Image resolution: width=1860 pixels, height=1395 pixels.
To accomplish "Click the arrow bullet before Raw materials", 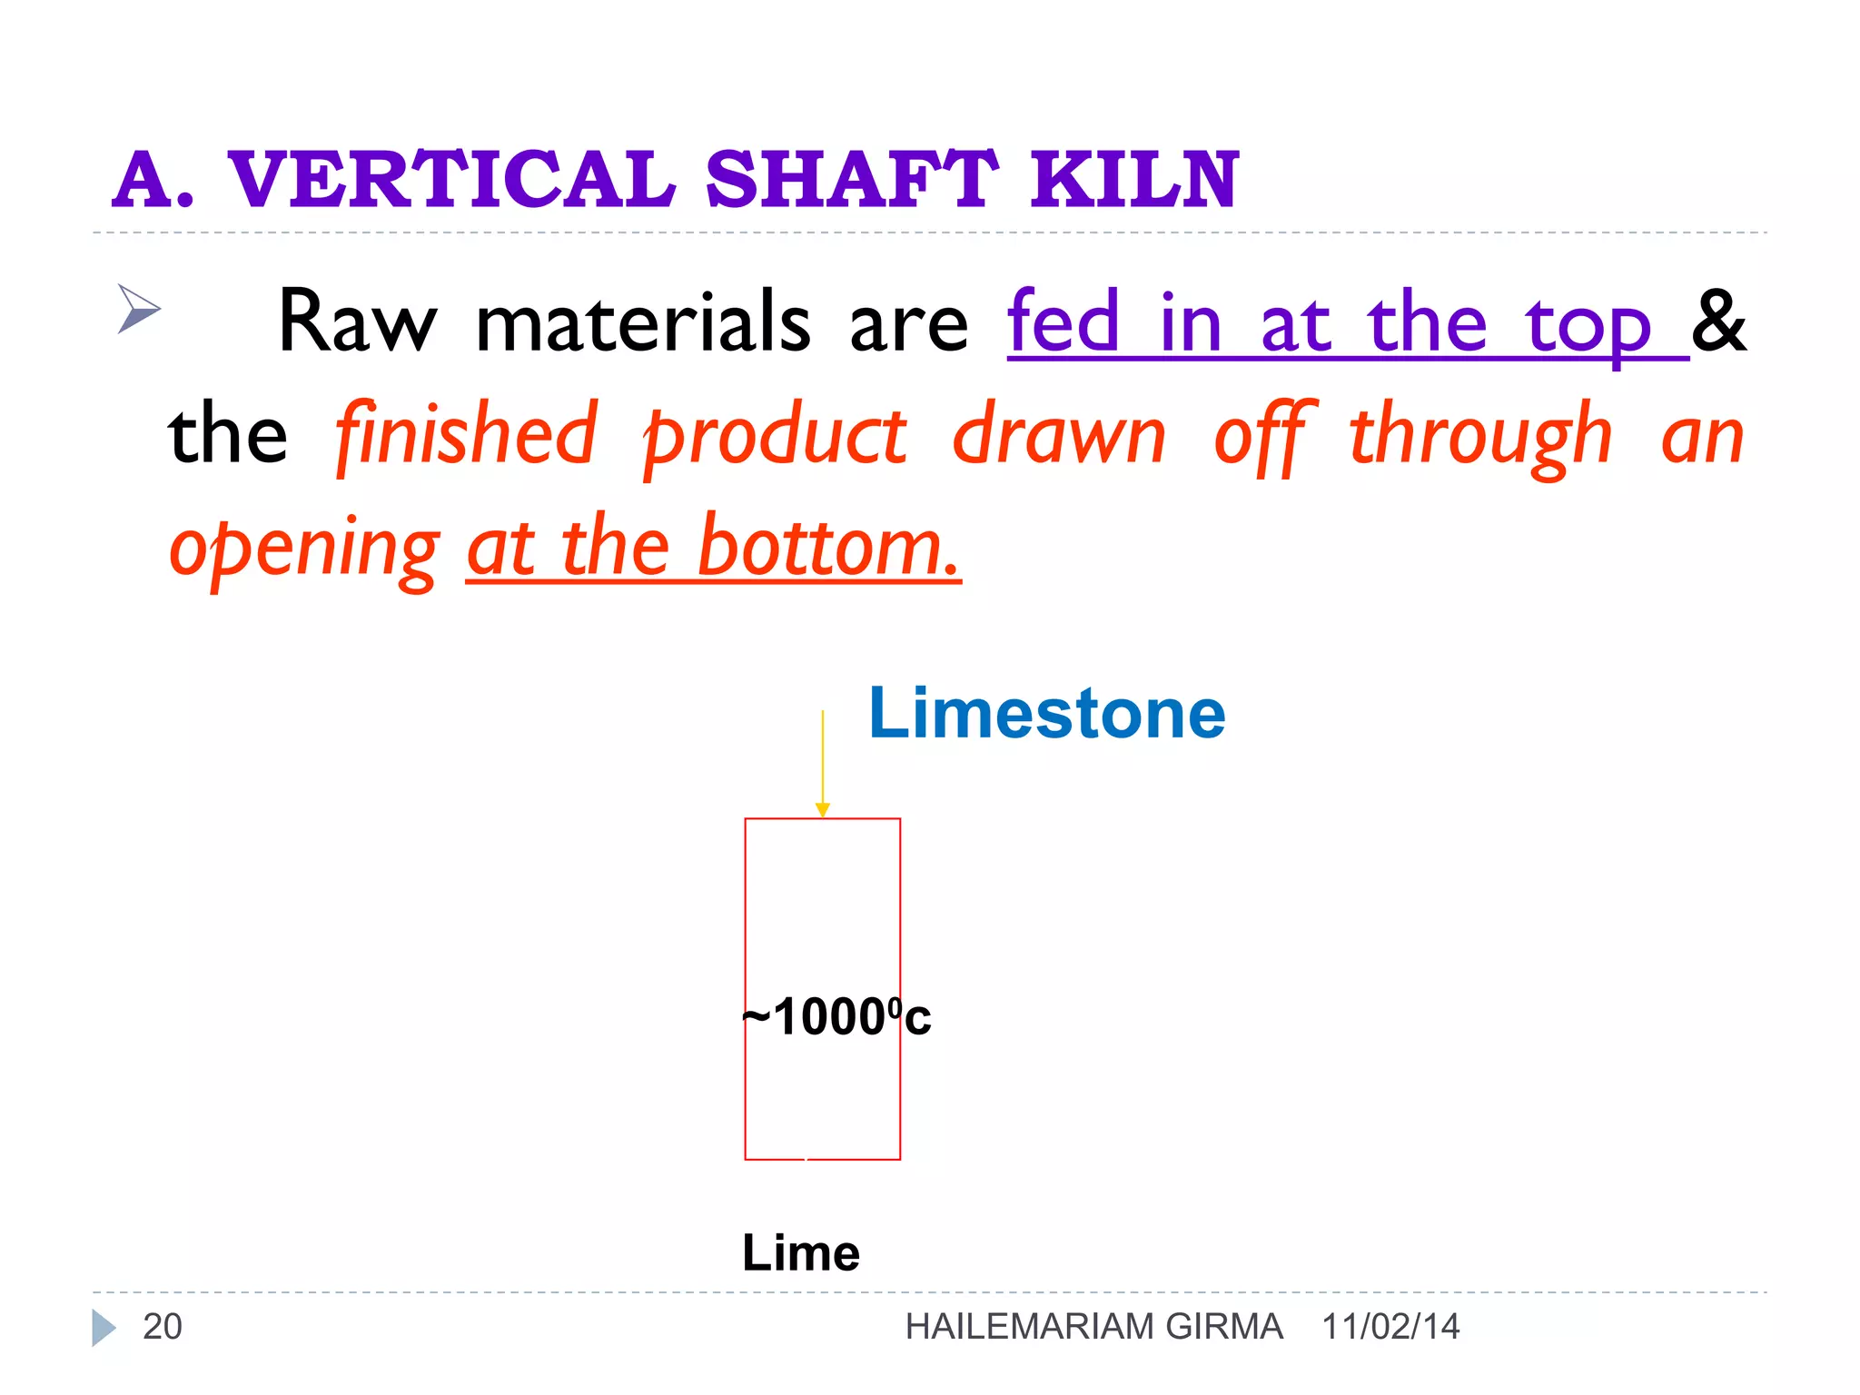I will tap(138, 309).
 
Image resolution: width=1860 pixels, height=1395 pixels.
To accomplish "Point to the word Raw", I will tap(356, 322).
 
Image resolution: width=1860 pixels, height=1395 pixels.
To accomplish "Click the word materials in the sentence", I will tap(643, 322).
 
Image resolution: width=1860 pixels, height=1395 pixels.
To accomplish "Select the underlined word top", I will tap(1587, 325).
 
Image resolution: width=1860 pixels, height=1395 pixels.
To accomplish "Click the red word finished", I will tap(467, 435).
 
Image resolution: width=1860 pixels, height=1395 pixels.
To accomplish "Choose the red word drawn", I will tap(1059, 435).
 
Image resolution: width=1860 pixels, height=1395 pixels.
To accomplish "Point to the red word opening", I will tap(304, 549).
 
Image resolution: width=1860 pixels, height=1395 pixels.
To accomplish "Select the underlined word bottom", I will tap(828, 547).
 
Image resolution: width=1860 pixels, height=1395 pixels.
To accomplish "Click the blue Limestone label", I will tap(1046, 714).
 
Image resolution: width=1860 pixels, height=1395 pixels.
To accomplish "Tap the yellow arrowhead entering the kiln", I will tap(823, 809).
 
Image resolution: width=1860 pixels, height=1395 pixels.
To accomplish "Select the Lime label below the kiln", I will tap(800, 1253).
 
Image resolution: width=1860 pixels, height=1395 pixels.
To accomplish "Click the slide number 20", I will tap(163, 1327).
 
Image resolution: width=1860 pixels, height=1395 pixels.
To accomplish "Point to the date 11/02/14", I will tap(1390, 1327).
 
